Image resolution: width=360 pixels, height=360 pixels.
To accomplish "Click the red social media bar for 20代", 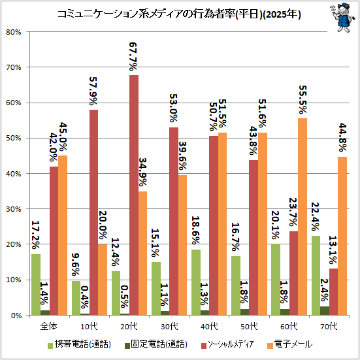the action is (134, 195).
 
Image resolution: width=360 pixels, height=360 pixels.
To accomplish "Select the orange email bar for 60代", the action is (303, 216).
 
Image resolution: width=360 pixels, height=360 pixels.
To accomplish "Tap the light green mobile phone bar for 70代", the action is (316, 275).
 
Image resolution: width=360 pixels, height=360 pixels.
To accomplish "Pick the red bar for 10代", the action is (93, 212).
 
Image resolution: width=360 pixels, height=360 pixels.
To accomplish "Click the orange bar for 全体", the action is (63, 235).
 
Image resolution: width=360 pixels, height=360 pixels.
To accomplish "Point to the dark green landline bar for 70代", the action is (325, 310).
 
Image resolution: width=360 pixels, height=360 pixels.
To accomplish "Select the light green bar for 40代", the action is (196, 282).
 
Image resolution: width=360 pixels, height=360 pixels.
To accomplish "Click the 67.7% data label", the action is (133, 56).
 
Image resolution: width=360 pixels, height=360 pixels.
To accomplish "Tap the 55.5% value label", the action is (303, 100).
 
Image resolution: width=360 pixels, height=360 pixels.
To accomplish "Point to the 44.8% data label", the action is (342, 137).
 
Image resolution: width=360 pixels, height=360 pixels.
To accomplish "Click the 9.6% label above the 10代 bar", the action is (76, 265).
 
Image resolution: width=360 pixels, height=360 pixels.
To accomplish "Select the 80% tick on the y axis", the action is (13, 32).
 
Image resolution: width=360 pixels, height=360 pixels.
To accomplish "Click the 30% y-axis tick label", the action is (13, 209).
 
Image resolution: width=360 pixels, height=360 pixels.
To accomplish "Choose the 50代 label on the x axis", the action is (249, 326).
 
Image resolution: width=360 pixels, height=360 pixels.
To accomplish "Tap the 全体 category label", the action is (48, 326).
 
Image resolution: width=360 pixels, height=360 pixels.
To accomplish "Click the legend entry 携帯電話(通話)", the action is (80, 344).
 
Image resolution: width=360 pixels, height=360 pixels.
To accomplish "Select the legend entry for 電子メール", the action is (290, 344).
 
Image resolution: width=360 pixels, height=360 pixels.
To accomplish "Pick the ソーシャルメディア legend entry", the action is (227, 344).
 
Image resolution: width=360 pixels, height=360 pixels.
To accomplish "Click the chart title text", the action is (179, 14).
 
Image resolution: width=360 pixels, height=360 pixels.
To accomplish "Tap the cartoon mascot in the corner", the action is (342, 18).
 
